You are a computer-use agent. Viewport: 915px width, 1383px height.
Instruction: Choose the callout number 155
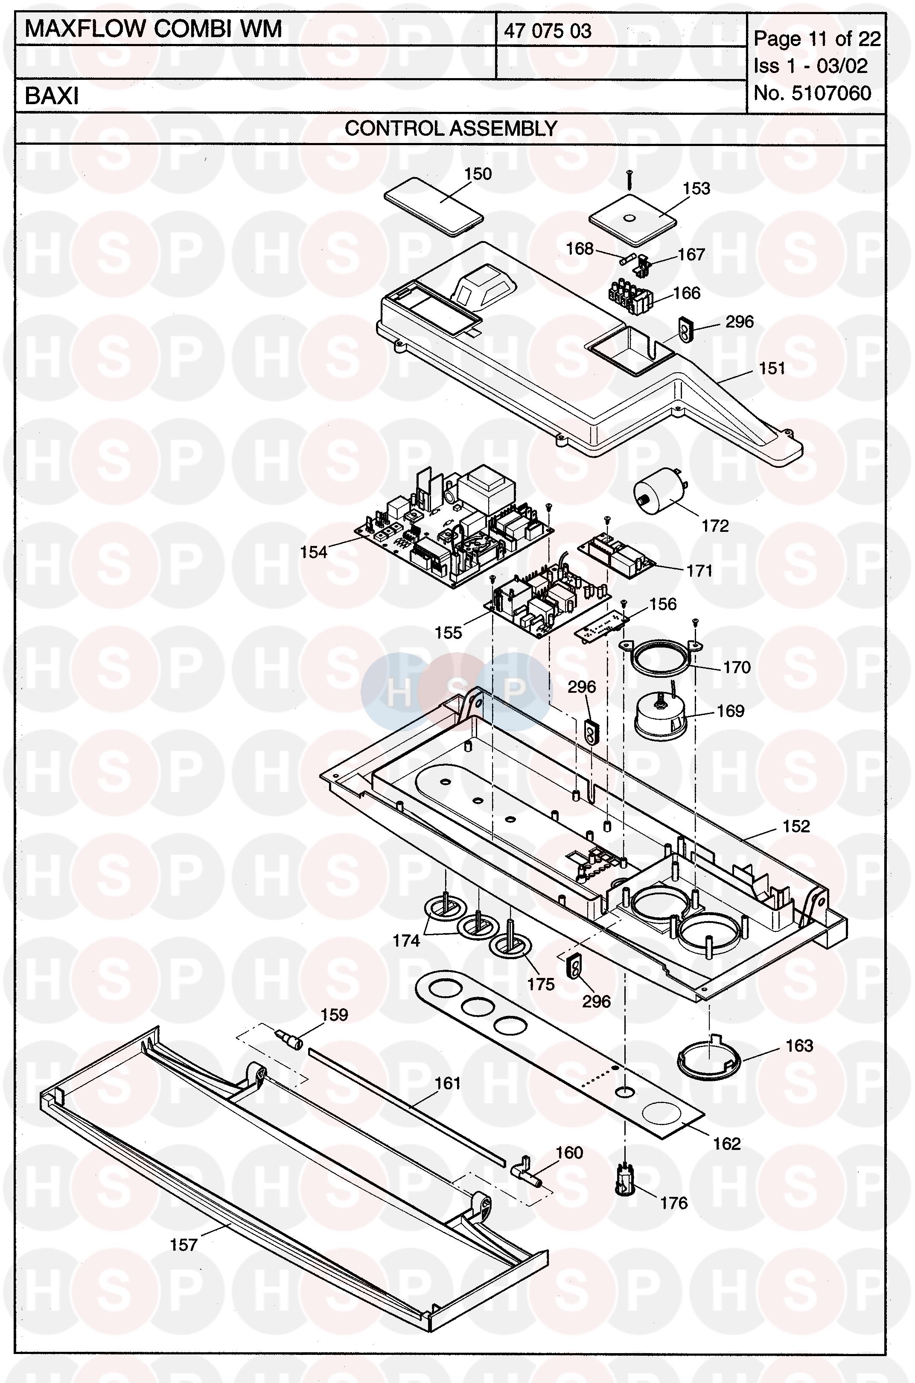(x=448, y=633)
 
